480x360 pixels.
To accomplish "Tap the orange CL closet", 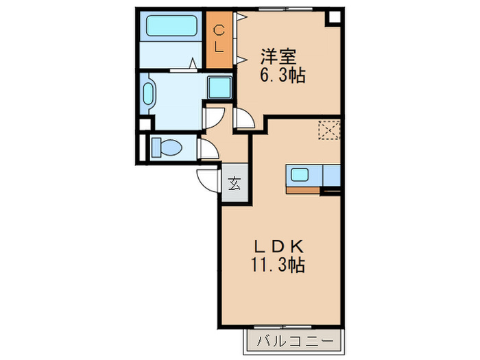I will (x=219, y=39).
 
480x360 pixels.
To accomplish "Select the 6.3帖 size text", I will (x=281, y=75).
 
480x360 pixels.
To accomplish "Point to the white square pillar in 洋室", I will (x=333, y=18).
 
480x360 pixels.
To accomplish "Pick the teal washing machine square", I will (x=219, y=88).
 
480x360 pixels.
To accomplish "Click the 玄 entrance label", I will (x=235, y=183).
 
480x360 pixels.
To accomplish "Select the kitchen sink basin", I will (x=299, y=174).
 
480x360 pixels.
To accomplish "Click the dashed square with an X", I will (x=330, y=130).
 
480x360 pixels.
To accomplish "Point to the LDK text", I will (x=278, y=246).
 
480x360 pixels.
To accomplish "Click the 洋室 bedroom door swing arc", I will (x=243, y=119).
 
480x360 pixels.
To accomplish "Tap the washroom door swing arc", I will (x=213, y=116).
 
